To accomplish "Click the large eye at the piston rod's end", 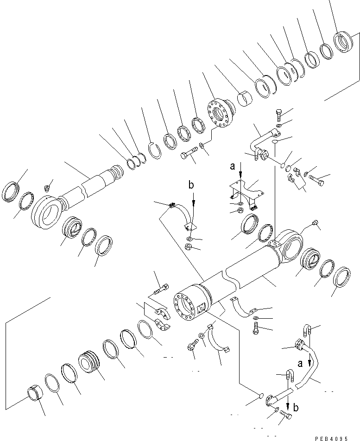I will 46,213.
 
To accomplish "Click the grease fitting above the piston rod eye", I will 47,188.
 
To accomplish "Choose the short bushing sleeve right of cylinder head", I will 245,99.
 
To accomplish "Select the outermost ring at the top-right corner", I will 344,41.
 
